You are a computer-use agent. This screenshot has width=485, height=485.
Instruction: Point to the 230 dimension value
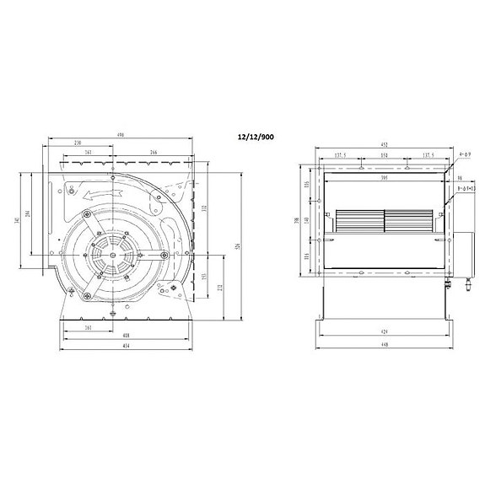(x=78, y=143)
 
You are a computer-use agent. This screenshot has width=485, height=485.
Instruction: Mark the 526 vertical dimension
(x=239, y=246)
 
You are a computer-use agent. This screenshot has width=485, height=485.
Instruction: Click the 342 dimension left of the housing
(x=31, y=221)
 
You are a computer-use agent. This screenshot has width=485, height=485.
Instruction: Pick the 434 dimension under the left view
(x=124, y=348)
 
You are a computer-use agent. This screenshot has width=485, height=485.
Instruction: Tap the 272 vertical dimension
(x=222, y=288)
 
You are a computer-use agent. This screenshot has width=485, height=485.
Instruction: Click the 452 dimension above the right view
(x=385, y=145)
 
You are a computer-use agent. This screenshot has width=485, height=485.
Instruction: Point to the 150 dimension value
(x=384, y=157)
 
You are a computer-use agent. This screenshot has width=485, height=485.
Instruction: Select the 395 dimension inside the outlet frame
(x=384, y=178)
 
